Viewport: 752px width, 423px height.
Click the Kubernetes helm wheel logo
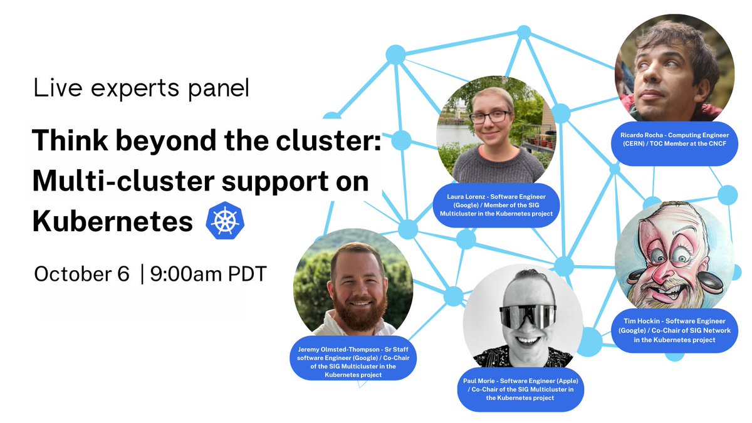pyautogui.click(x=225, y=221)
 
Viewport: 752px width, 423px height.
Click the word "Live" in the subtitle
pyautogui.click(x=58, y=88)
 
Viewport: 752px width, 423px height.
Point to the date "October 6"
pyautogui.click(x=81, y=274)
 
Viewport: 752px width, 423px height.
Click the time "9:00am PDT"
pyautogui.click(x=209, y=274)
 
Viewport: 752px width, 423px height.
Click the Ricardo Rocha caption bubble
pyautogui.click(x=675, y=144)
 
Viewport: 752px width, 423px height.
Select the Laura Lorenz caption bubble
pyautogui.click(x=496, y=205)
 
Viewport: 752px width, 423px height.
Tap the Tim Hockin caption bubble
pyautogui.click(x=675, y=330)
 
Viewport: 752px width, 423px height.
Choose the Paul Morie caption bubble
pyautogui.click(x=521, y=389)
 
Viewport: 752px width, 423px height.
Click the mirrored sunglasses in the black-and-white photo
pyautogui.click(x=528, y=317)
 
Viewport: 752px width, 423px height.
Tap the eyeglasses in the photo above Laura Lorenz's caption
pyautogui.click(x=491, y=117)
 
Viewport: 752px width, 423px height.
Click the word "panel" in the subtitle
pyautogui.click(x=219, y=88)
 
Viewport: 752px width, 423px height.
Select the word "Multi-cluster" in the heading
pyautogui.click(x=123, y=180)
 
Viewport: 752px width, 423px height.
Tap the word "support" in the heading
pyautogui.click(x=275, y=182)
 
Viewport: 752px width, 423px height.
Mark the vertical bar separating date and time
pyautogui.click(x=142, y=274)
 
